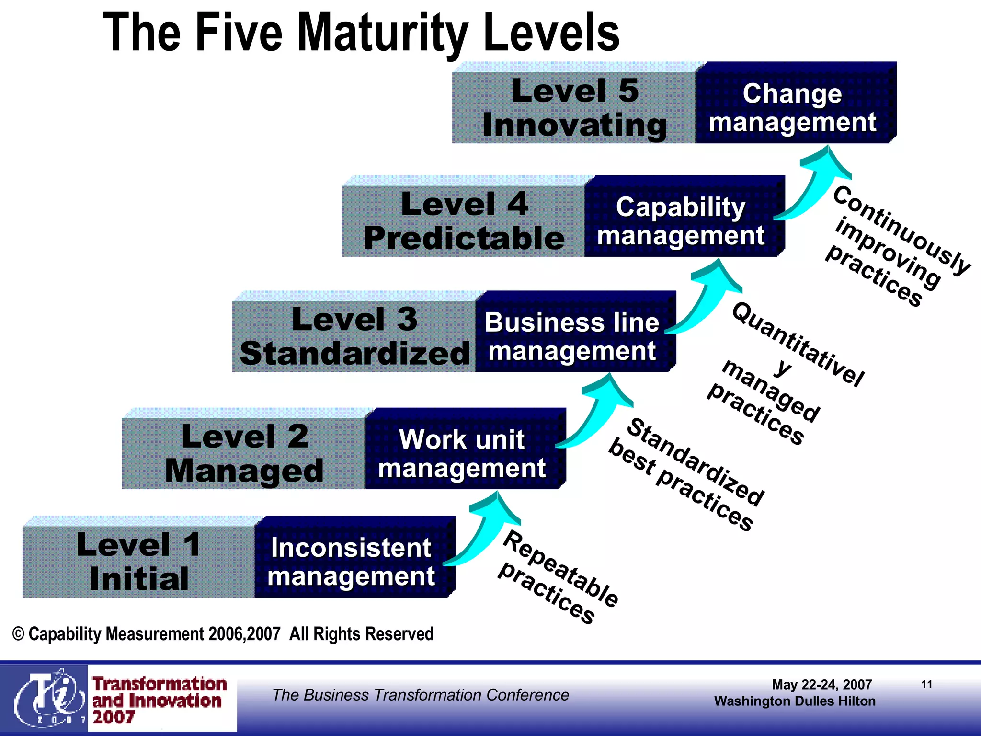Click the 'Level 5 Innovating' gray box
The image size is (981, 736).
tap(574, 107)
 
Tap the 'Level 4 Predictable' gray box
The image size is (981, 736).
tap(464, 221)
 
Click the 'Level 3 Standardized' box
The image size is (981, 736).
tap(354, 336)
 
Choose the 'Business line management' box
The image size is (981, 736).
tap(572, 336)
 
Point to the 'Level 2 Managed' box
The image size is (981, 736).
tap(244, 453)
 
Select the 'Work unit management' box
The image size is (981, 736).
tap(462, 453)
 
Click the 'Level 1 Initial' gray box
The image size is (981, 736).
tap(138, 562)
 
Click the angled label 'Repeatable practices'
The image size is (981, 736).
tap(558, 577)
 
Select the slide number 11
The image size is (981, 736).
tap(926, 684)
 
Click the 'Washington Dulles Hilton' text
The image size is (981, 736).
tap(795, 701)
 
